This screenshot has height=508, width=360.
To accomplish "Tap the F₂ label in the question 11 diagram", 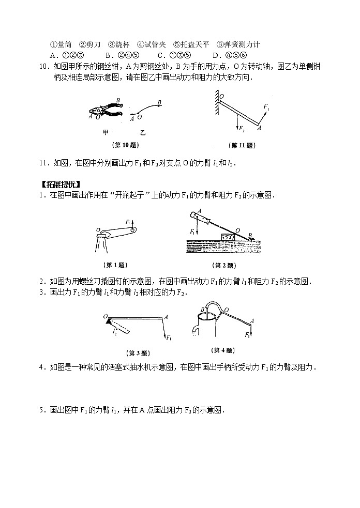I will tap(241, 127).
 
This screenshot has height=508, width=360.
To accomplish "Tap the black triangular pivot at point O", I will tap(108, 321).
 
